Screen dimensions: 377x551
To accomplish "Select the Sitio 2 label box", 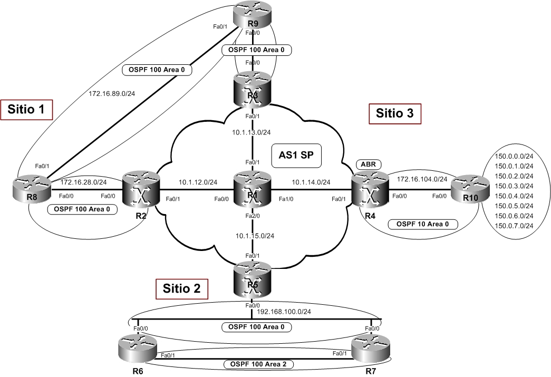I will tap(182, 289).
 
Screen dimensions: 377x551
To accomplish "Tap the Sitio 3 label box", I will tap(399, 113).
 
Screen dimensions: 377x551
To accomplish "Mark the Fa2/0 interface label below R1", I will tap(254, 216).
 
